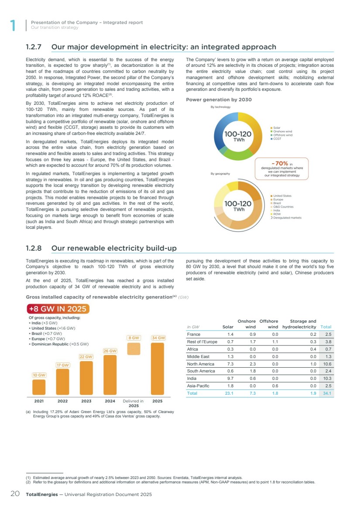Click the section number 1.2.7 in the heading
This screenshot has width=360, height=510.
tap(35, 47)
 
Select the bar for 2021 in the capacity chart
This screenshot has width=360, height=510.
tap(39, 387)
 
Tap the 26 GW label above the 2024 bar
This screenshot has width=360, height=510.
tap(110, 351)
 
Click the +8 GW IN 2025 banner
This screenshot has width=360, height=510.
tap(58, 309)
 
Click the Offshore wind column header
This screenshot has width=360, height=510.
tap(269, 324)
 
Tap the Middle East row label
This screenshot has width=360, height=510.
tap(198, 357)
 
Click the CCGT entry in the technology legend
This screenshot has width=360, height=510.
tap(277, 139)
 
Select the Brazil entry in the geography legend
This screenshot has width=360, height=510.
tap(277, 203)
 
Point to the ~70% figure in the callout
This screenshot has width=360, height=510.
tap(278, 163)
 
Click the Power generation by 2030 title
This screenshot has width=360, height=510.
tap(219, 100)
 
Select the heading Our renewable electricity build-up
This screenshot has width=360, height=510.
tap(114, 248)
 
